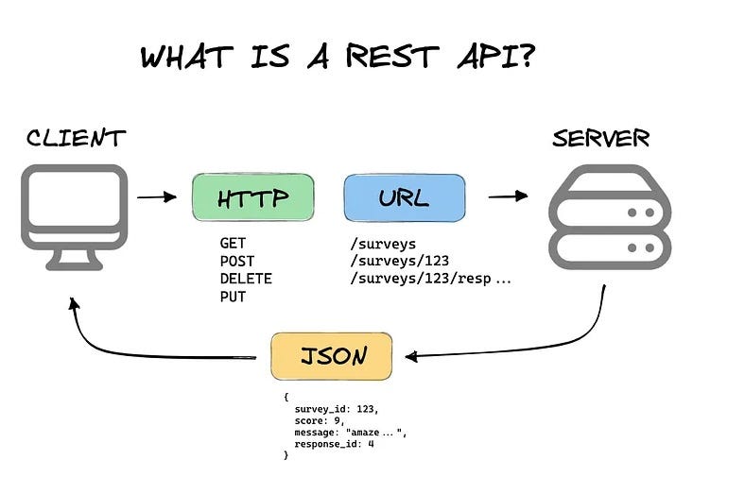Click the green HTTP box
(252, 198)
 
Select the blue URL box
(405, 198)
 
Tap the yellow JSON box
(331, 356)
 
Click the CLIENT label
(76, 138)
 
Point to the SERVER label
(601, 138)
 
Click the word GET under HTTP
(233, 244)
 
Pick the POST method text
(236, 262)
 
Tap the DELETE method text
(245, 279)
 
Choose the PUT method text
(232, 297)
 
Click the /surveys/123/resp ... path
(430, 280)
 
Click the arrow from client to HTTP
(157, 197)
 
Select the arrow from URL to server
(508, 196)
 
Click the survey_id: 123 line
(336, 409)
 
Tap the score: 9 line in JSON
(319, 420)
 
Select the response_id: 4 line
(334, 443)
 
